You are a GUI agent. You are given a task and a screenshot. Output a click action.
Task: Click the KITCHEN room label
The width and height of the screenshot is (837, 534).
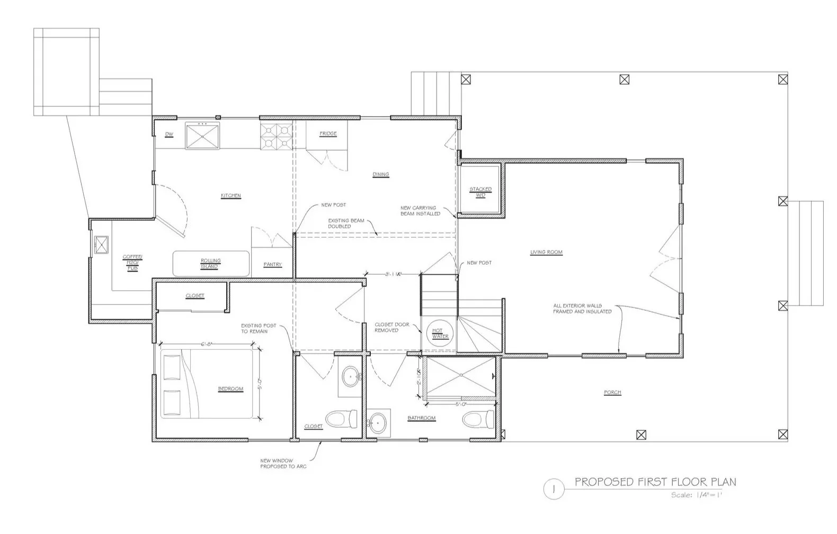[x=230, y=196]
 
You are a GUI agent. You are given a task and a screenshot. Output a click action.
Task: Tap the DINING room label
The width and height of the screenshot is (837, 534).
[x=380, y=174]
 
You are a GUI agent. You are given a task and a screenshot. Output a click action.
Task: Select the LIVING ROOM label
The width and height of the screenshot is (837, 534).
[x=546, y=252]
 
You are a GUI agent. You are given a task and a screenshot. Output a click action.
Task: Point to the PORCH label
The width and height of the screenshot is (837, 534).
[x=612, y=392]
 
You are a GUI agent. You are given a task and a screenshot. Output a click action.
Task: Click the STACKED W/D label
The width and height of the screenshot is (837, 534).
[x=480, y=192]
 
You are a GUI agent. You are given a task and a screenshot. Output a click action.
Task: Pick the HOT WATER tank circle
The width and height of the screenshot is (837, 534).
[x=440, y=333]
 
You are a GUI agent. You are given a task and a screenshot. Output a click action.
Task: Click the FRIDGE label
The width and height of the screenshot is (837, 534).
[x=328, y=134]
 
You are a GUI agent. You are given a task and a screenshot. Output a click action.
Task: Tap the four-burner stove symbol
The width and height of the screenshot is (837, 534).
[x=275, y=136]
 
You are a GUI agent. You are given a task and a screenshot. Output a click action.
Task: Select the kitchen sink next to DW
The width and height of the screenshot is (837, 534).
[x=202, y=135]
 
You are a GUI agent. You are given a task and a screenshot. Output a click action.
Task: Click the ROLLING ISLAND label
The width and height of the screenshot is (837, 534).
[x=210, y=264]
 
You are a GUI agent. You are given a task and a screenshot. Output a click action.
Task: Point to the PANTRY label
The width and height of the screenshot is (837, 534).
[x=273, y=265]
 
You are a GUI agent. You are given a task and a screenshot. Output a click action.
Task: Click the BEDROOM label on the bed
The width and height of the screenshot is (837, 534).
[x=230, y=389]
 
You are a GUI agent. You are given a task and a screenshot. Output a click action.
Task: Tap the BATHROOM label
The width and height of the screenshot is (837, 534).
[x=421, y=418]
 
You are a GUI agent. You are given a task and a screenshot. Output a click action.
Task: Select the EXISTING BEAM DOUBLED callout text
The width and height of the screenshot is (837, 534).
[x=346, y=223]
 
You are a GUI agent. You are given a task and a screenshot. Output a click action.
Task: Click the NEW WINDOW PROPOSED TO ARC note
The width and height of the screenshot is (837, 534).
[x=283, y=464]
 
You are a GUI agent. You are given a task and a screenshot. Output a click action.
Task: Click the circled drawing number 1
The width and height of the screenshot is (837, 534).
[x=554, y=490]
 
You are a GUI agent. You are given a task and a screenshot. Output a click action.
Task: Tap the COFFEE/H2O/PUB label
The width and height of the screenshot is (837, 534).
[x=132, y=263]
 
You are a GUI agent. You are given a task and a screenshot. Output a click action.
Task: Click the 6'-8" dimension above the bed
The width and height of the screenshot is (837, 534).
[x=207, y=345]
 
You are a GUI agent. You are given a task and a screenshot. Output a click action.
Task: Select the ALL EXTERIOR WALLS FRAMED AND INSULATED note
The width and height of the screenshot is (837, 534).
[x=582, y=309]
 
